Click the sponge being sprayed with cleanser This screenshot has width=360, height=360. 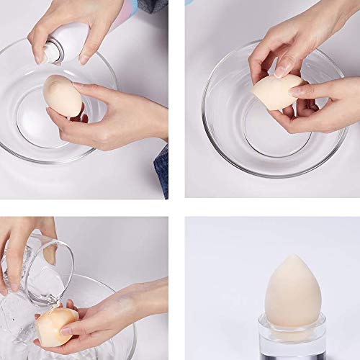click(x=62, y=94)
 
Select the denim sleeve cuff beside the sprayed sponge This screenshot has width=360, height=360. click(x=161, y=168)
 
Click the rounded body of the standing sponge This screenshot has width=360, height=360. click(x=292, y=299)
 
